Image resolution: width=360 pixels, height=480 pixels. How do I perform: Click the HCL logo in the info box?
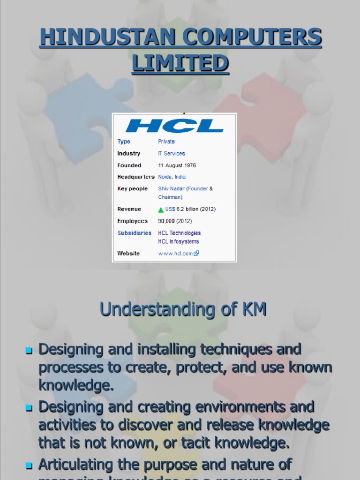pos(174,126)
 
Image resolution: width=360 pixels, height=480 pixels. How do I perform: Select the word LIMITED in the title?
pos(180,63)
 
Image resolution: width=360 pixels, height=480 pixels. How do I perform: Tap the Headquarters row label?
pos(136,177)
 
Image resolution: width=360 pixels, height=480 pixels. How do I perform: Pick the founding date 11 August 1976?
pos(177,165)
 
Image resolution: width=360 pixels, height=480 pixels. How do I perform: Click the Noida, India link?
pos(172,177)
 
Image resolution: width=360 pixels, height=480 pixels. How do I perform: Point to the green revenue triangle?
pos(161,210)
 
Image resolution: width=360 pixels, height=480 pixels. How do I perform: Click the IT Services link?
pos(172,153)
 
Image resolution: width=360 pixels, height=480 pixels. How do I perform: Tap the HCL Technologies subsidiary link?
pos(179,232)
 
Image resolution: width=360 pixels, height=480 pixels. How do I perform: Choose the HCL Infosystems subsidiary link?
pos(178,241)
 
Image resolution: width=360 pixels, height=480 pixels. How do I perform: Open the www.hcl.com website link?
pos(176,253)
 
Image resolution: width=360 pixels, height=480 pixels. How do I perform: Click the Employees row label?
pos(133,221)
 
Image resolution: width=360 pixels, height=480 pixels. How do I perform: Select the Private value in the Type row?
pos(166,142)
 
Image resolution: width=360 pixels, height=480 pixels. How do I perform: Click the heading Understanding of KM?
pos(183,309)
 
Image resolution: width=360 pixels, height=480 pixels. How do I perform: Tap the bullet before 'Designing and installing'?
pos(29,351)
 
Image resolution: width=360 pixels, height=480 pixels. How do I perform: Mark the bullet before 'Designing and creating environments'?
pos(29,408)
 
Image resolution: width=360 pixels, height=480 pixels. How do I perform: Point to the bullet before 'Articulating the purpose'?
pos(29,465)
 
